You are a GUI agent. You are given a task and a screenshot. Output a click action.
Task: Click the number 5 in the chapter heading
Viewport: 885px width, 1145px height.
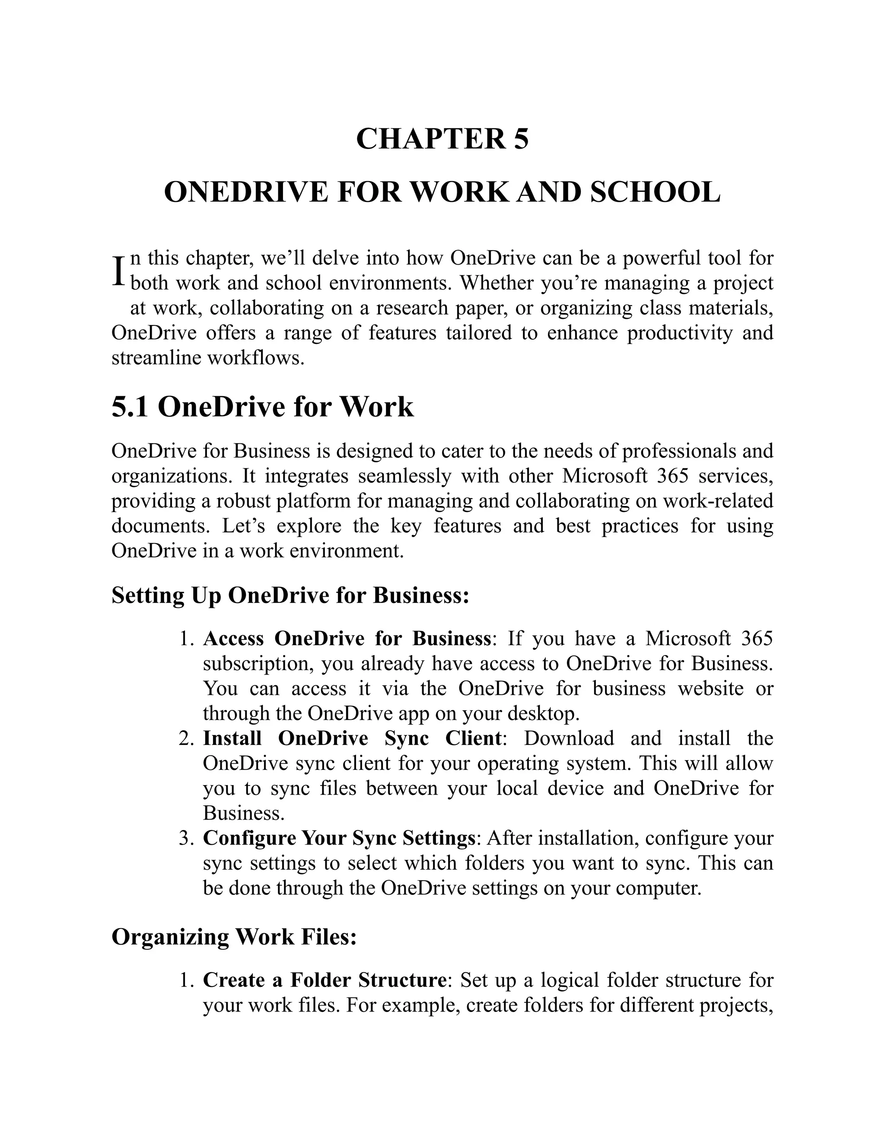[x=521, y=140]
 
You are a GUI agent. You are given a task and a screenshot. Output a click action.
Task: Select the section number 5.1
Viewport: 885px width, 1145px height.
[x=130, y=407]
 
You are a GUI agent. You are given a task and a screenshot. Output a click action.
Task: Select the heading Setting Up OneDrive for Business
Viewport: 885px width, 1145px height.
[x=290, y=595]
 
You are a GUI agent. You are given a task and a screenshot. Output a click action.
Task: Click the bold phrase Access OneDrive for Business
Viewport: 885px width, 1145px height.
[x=347, y=639]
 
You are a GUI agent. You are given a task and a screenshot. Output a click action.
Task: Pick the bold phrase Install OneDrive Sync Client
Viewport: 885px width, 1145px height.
[x=352, y=738]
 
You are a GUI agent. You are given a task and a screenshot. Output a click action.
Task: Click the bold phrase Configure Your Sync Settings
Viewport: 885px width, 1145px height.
[x=339, y=838]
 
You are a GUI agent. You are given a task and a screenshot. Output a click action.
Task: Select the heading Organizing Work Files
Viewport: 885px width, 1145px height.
[x=234, y=936]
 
